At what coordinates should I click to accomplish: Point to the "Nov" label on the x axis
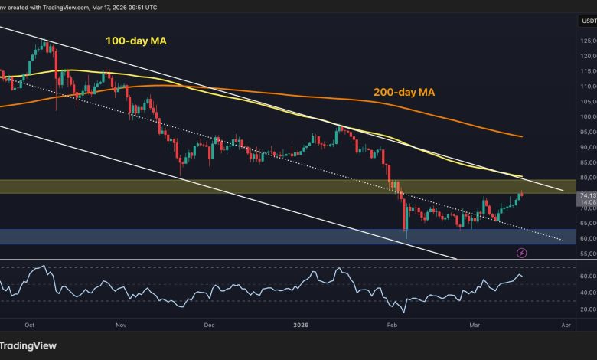[x=119, y=324]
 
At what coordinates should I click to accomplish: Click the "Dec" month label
[x=208, y=324]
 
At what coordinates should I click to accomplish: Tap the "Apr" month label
[x=566, y=324]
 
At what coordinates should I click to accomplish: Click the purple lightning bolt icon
[x=522, y=251]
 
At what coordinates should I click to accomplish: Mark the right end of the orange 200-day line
[x=522, y=136]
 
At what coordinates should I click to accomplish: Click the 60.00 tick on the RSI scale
[x=586, y=275]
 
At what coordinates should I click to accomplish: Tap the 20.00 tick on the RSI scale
[x=586, y=308]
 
